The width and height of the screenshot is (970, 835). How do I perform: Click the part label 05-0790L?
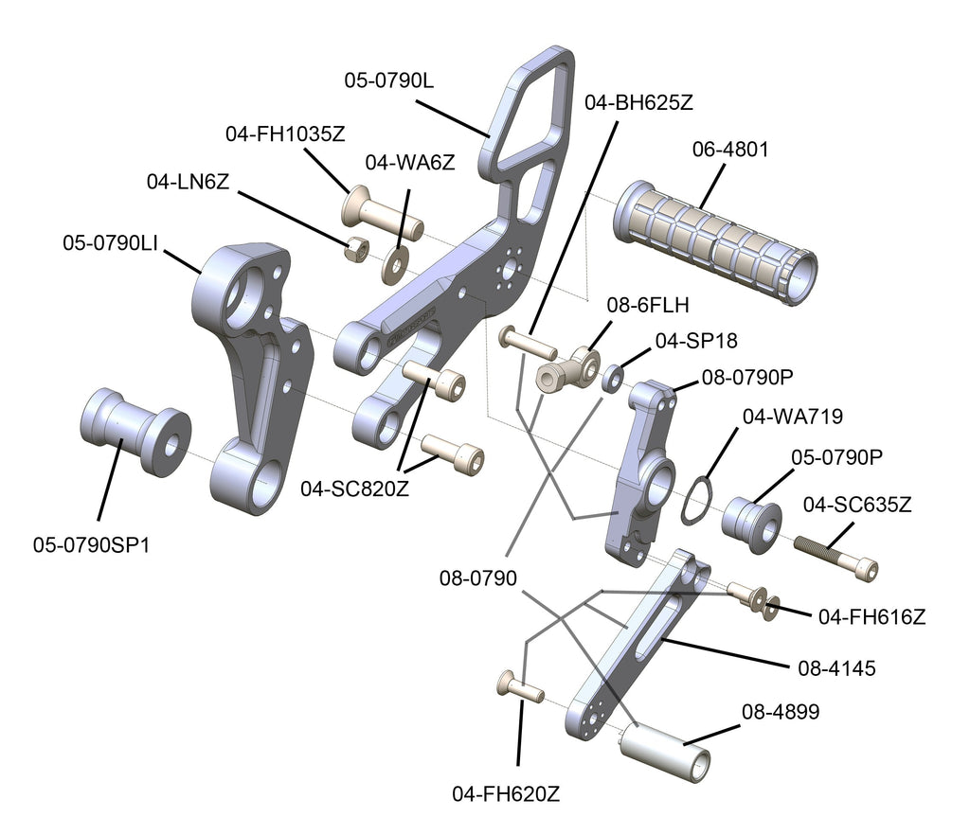click(x=388, y=81)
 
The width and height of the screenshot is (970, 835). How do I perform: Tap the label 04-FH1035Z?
click(x=284, y=134)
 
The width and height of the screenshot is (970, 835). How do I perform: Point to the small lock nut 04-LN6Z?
click(x=356, y=249)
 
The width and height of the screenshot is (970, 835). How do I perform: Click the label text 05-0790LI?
click(x=110, y=242)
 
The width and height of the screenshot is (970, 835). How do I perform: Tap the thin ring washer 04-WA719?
click(x=698, y=501)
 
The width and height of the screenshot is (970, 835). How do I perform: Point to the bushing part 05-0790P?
click(x=751, y=517)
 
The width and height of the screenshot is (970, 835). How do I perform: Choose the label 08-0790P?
click(x=747, y=377)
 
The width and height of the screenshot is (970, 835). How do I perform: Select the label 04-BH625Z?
click(x=638, y=102)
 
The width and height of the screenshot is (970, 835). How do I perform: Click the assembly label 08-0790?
click(x=477, y=577)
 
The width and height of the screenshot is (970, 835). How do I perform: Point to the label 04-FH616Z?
click(x=871, y=616)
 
